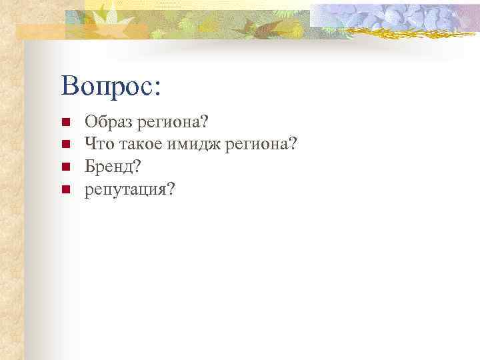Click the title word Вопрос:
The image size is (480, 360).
point(111,87)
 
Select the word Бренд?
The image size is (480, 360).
point(113,163)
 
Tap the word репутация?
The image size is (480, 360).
point(130,189)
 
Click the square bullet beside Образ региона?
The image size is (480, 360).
point(65,123)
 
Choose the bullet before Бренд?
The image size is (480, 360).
point(65,164)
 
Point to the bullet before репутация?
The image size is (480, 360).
point(65,189)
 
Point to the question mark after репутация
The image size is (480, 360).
point(172,189)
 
